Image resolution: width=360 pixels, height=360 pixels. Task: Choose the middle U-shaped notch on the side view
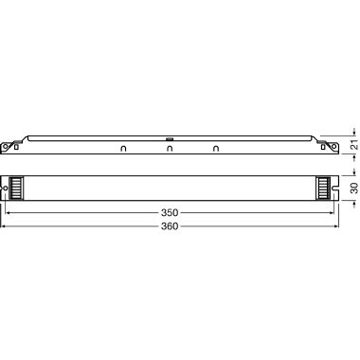coord(171,148)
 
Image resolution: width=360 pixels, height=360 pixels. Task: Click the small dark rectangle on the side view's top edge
coord(171,137)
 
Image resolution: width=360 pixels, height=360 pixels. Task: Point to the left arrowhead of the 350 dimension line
coord(11,214)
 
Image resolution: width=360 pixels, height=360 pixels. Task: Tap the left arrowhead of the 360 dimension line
coord(8,227)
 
